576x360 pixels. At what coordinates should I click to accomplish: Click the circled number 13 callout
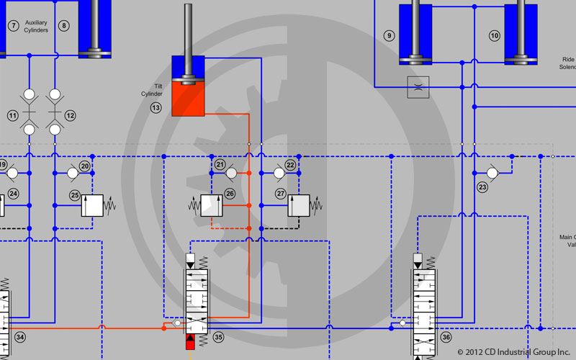click(x=156, y=108)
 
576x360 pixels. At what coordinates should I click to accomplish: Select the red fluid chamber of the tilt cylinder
click(x=188, y=101)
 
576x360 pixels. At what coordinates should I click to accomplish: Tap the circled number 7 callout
click(x=13, y=26)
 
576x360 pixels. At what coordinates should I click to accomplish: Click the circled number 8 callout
click(x=64, y=26)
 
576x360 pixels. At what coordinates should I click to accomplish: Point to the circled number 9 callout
click(x=390, y=35)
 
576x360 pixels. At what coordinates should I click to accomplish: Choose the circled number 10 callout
click(x=494, y=35)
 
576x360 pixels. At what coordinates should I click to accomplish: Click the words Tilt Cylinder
click(x=152, y=90)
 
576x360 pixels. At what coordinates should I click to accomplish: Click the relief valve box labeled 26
click(x=211, y=205)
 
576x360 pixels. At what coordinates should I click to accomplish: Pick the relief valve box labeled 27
click(x=299, y=205)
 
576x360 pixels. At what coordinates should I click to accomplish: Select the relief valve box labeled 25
click(x=94, y=205)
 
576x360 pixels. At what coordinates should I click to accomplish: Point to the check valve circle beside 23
click(x=492, y=173)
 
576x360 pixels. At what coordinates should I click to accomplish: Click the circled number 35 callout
click(x=218, y=337)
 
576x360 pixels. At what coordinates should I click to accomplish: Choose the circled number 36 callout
click(x=446, y=337)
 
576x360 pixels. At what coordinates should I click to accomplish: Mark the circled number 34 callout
click(x=19, y=337)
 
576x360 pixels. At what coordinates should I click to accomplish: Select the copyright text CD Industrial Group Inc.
click(x=513, y=352)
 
